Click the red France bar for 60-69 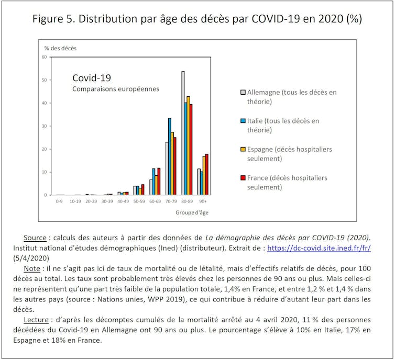pyautogui.click(x=159, y=181)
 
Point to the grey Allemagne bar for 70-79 pyautogui.click(x=167, y=168)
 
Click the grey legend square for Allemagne pyautogui.click(x=243, y=92)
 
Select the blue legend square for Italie pyautogui.click(x=243, y=121)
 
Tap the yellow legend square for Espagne pyautogui.click(x=243, y=149)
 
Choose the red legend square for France pyautogui.click(x=243, y=178)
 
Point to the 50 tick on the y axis pyautogui.click(x=44, y=80)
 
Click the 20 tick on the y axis pyautogui.click(x=44, y=149)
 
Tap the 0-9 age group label pyautogui.click(x=60, y=201)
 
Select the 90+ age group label pyautogui.click(x=202, y=201)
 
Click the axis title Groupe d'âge pyautogui.click(x=191, y=212)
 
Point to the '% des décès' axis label pyautogui.click(x=60, y=48)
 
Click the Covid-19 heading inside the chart pyautogui.click(x=92, y=78)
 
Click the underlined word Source pyautogui.click(x=35, y=238)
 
